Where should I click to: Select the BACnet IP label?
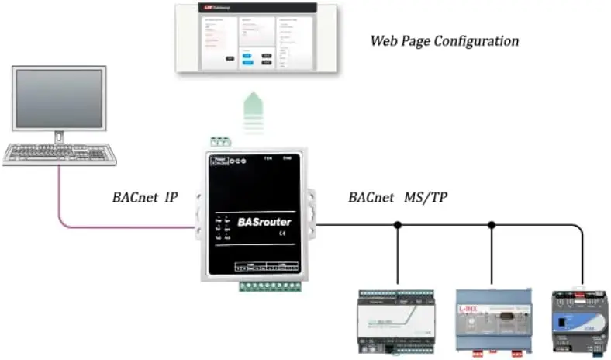pos(145,199)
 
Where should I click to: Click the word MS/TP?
pos(426,199)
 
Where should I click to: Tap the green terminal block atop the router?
pos(221,141)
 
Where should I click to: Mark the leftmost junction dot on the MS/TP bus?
pos(397,226)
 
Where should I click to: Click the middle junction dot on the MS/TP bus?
pos(491,226)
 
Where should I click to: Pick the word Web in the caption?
pos(384,40)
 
